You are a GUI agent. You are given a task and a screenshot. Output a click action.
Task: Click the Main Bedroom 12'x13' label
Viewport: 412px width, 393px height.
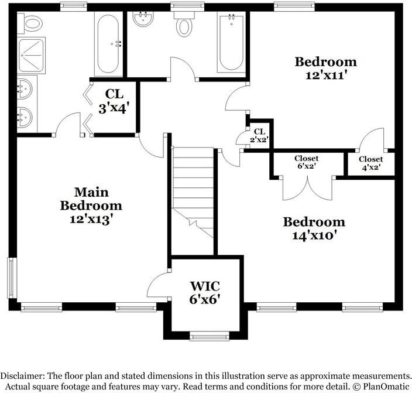point(91,206)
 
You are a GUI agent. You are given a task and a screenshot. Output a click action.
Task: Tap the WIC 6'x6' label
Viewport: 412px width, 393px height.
point(205,292)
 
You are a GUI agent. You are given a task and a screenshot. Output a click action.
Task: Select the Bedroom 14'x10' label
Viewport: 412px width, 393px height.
point(314,228)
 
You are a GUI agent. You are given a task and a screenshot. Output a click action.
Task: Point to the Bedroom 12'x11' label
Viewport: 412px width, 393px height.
point(326,69)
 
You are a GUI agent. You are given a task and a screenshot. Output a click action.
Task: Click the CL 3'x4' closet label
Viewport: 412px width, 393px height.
point(114,101)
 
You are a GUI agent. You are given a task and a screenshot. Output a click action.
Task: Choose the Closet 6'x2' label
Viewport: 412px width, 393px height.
point(307,162)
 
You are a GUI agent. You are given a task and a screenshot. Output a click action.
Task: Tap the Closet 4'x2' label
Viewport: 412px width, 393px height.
point(371,163)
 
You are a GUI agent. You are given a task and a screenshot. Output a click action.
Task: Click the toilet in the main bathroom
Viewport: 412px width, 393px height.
point(30,24)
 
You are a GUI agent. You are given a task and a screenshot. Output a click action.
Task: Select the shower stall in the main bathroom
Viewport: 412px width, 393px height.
point(31,55)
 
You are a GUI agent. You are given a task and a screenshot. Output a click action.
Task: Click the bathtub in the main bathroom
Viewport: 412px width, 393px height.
point(108,44)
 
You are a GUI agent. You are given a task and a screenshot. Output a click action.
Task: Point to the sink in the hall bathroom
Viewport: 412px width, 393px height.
point(143,19)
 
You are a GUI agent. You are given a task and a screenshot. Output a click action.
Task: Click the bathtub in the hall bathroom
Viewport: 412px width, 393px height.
point(231,43)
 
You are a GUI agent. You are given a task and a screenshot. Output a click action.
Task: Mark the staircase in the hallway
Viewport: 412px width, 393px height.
point(193,193)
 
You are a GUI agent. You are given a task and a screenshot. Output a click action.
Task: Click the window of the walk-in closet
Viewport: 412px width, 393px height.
point(210,336)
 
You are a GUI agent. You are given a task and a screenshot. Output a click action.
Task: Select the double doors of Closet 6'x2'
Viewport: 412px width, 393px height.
point(308,188)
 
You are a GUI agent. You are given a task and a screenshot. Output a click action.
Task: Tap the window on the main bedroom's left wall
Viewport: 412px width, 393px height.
point(12,278)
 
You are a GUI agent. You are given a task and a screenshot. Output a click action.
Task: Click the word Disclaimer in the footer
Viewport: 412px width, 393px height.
point(22,375)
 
